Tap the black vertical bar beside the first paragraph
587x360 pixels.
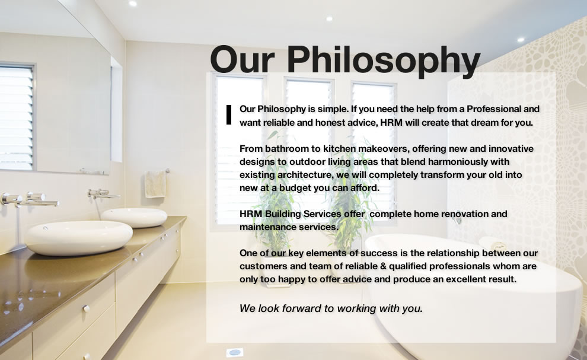pyautogui.click(x=229, y=115)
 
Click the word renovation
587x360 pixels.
pyautogui.click(x=466, y=214)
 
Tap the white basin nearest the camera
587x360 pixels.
pyautogui.click(x=78, y=237)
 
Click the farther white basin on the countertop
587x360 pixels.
pyautogui.click(x=134, y=216)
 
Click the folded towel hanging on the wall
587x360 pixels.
pyautogui.click(x=155, y=184)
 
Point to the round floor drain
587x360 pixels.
pyautogui.click(x=235, y=352)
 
